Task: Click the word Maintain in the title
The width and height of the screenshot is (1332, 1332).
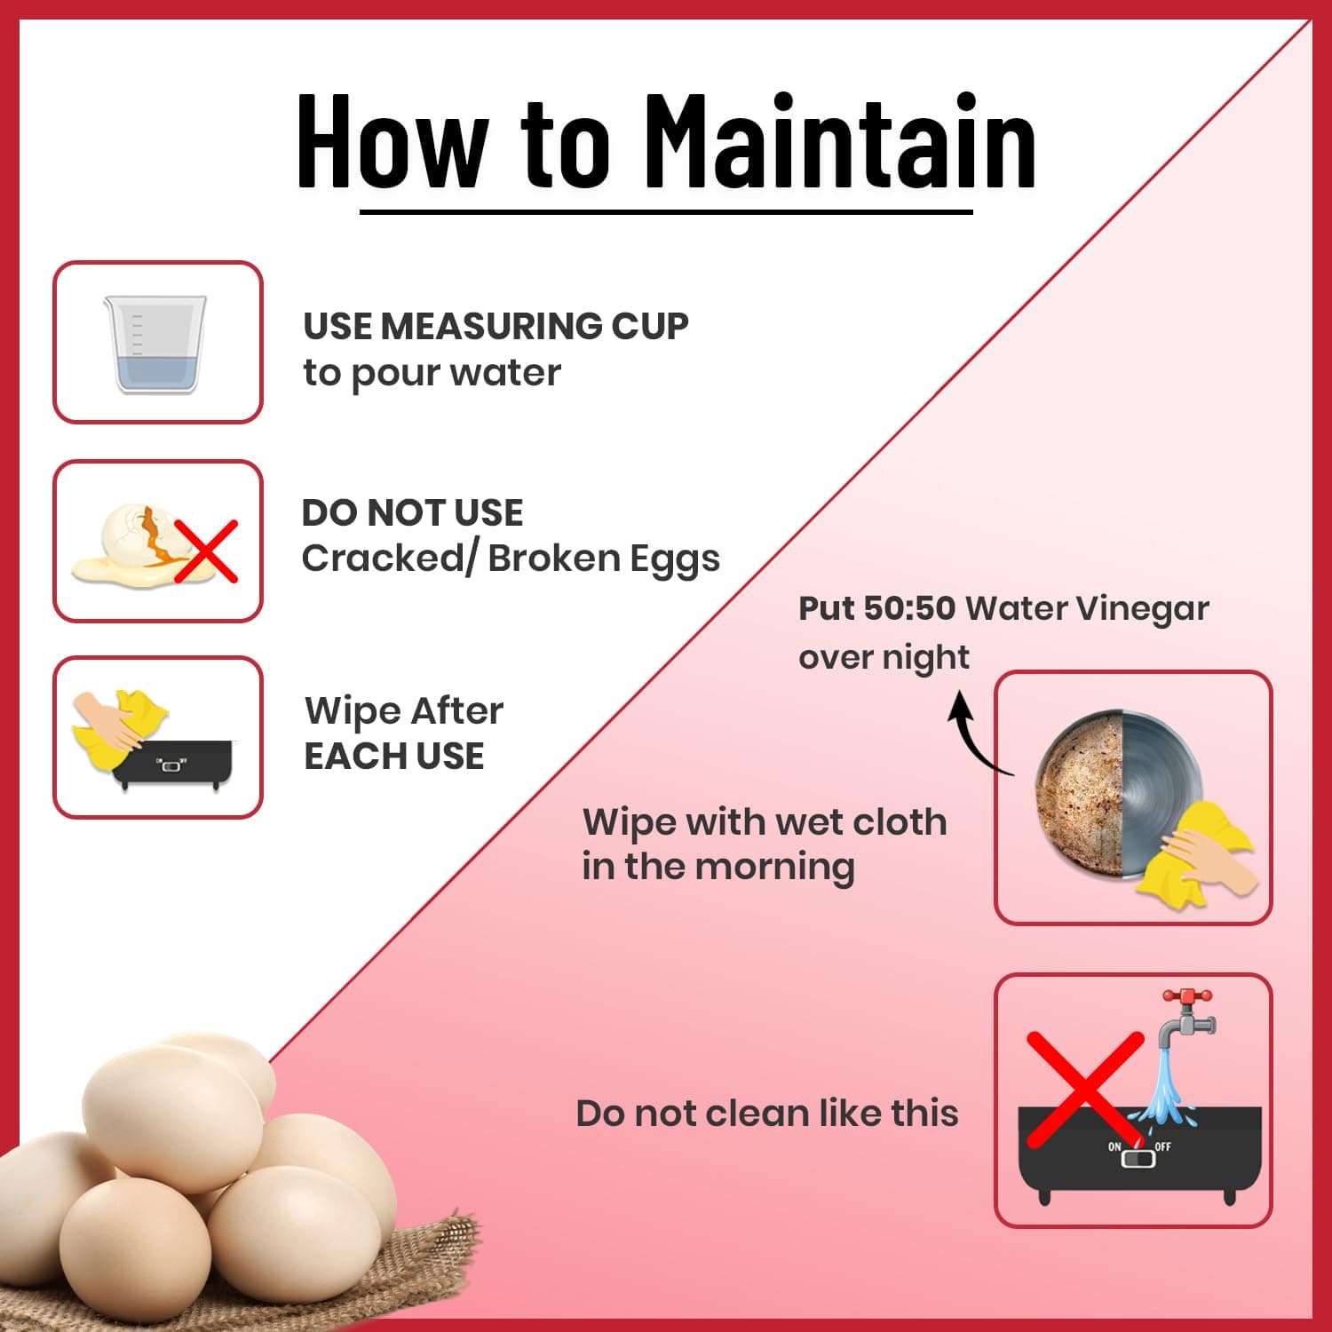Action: tap(839, 141)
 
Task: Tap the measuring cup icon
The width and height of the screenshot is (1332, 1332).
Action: tap(155, 344)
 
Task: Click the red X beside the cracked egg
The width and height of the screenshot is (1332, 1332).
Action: tap(205, 551)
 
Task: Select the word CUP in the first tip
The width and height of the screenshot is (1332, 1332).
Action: tap(650, 326)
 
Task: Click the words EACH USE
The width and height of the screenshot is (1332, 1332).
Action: tap(394, 757)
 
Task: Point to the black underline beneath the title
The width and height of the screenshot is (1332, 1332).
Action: tap(666, 211)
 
